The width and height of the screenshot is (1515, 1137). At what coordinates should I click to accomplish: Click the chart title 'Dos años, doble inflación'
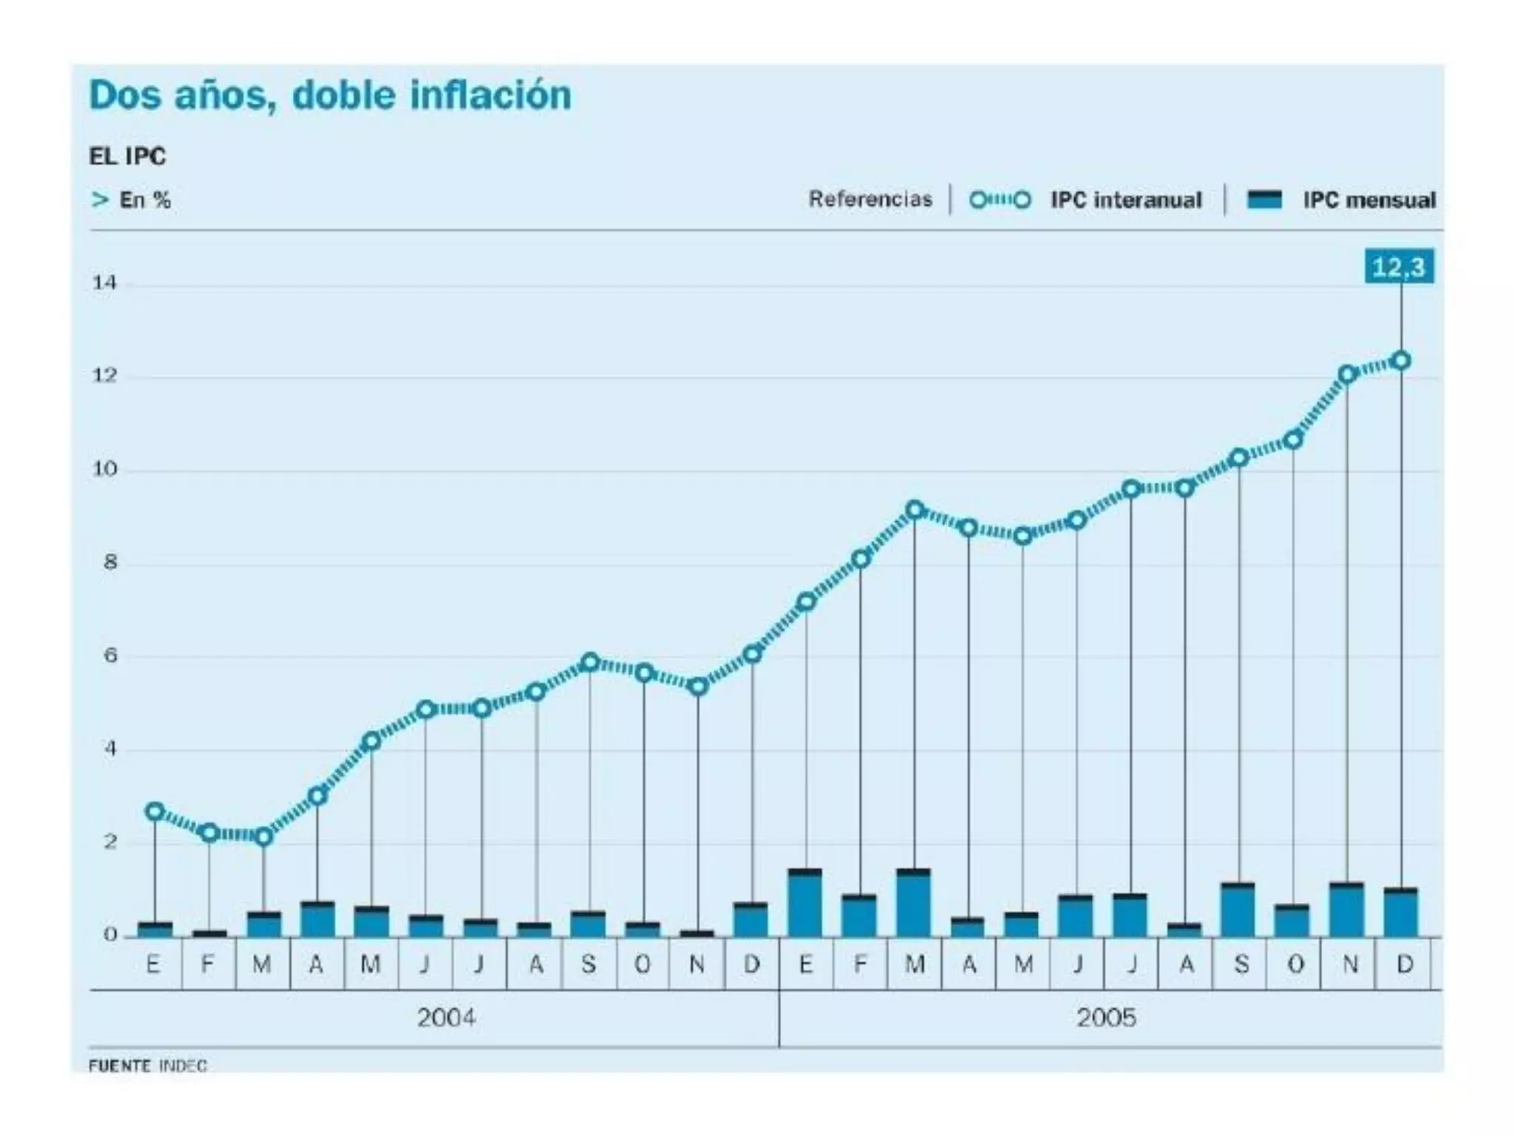tap(330, 95)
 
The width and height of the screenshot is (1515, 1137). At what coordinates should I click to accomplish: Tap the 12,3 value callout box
tap(1398, 266)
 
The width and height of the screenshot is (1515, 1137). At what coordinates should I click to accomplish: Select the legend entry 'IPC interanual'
tap(1125, 200)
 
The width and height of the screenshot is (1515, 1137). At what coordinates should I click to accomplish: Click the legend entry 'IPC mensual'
tap(1369, 200)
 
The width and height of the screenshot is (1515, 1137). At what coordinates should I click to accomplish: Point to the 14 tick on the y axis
tap(104, 283)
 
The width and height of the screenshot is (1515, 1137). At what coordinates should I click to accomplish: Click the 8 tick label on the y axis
tap(110, 563)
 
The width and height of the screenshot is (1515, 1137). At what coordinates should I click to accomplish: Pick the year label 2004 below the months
tap(446, 1018)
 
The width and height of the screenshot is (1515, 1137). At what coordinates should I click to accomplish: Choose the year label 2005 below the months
tap(1106, 1018)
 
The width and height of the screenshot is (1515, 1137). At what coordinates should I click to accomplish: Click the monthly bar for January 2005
tap(806, 903)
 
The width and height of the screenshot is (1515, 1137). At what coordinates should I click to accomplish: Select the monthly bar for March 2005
tap(914, 903)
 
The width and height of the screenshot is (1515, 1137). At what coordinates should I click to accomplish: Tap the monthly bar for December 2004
tap(752, 920)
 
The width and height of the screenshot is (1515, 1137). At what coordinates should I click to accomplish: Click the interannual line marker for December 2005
tap(1401, 361)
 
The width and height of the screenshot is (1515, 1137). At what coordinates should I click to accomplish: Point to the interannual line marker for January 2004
tap(155, 811)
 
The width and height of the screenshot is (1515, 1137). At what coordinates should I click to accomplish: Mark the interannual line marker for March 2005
tap(915, 510)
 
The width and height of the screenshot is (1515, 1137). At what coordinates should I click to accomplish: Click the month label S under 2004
tap(589, 964)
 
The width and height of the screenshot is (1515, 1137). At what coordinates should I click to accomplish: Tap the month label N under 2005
tap(1350, 964)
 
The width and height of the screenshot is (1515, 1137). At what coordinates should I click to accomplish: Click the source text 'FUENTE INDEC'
tap(147, 1065)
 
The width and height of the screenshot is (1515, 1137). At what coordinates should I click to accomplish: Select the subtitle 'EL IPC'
tap(127, 156)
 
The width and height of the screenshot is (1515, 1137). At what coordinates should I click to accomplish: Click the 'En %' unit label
tap(145, 200)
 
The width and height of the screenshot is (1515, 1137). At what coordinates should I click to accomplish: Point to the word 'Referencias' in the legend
tap(870, 199)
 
